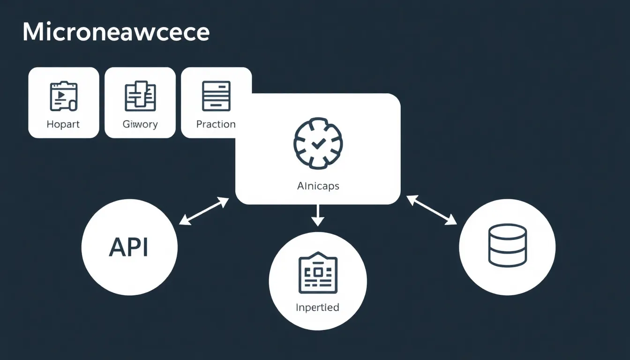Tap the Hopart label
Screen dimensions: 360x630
[63, 124]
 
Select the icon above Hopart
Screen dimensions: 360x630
[63, 96]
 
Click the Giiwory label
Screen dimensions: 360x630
[140, 124]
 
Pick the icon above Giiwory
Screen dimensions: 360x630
[140, 96]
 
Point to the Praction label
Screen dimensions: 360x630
[216, 124]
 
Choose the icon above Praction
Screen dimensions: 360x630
[216, 96]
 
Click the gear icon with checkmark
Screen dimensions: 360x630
[318, 142]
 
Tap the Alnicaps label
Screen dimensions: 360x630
[318, 186]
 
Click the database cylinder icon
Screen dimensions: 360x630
[507, 245]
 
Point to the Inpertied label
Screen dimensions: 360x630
[317, 307]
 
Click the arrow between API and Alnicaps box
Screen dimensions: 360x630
[204, 210]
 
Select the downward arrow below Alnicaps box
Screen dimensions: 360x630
[318, 215]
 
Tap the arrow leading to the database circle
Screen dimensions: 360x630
[432, 210]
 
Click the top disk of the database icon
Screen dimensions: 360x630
[507, 232]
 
